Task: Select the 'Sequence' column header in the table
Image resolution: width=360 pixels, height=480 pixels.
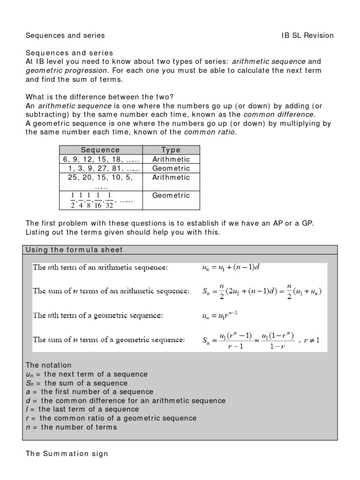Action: click(100, 150)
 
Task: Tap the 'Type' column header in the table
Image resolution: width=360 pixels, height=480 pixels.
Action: click(171, 150)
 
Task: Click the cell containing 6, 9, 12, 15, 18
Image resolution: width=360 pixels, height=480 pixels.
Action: click(100, 159)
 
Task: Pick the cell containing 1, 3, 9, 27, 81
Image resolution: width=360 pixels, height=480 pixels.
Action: click(100, 168)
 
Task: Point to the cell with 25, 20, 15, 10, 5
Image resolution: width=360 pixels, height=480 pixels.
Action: click(100, 178)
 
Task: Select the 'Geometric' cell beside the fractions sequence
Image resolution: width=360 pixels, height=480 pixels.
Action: click(171, 195)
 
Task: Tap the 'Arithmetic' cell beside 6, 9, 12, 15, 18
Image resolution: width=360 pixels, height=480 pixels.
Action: click(171, 159)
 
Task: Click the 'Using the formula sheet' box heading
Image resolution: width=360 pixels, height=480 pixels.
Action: click(75, 249)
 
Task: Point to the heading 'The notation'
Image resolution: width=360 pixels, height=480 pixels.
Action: click(49, 365)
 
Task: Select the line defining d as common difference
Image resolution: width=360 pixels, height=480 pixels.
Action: click(126, 401)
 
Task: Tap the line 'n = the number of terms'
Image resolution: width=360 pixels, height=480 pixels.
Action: click(71, 427)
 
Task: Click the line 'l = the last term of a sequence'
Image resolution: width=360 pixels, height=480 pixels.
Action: click(82, 409)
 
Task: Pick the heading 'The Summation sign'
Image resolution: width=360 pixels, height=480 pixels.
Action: click(67, 453)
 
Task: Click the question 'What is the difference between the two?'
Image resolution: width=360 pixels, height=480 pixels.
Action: click(99, 97)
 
